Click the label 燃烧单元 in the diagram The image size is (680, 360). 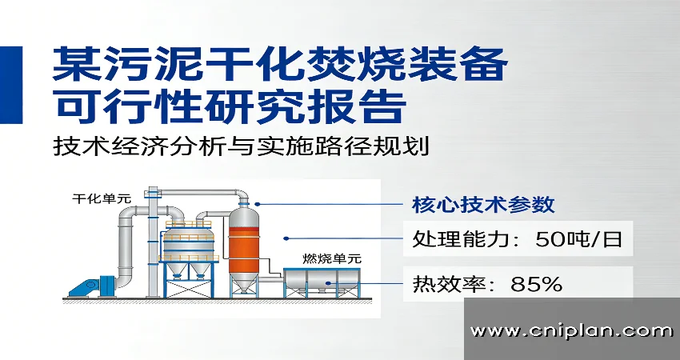click(x=332, y=258)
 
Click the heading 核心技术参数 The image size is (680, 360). click(x=482, y=204)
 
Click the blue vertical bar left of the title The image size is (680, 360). click(x=10, y=85)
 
